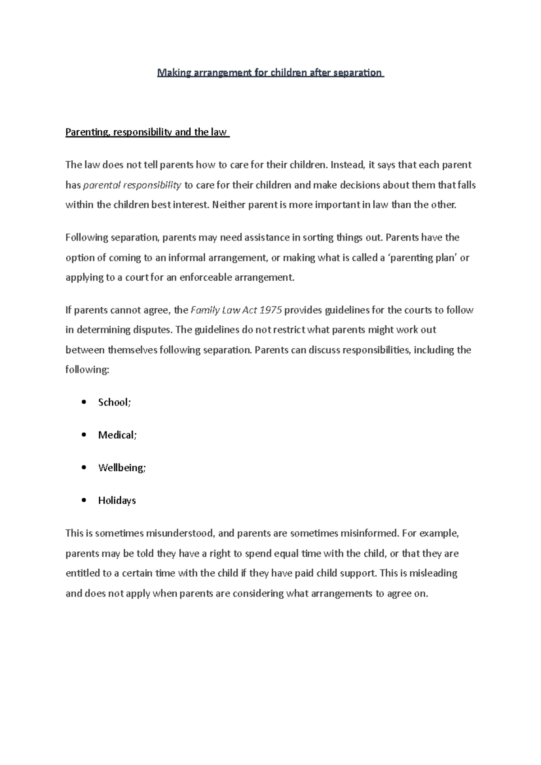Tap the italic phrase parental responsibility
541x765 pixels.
[x=133, y=185]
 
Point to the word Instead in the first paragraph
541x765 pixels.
[x=346, y=165]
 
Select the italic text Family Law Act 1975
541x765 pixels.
[x=237, y=310]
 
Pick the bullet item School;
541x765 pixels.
[x=115, y=402]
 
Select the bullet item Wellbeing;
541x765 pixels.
[x=122, y=468]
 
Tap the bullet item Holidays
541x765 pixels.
[x=117, y=501]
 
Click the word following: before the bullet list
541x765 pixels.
[x=87, y=370]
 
